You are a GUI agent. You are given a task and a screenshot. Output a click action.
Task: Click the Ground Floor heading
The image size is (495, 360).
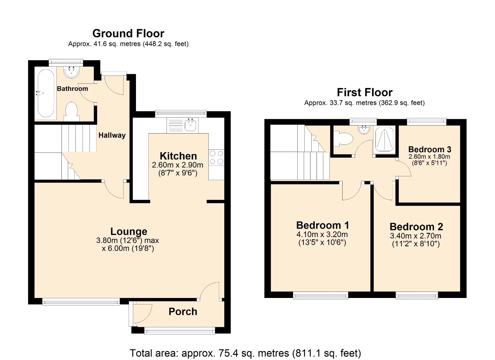[x=128, y=33]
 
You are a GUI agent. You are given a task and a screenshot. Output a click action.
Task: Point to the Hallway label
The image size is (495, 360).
[x=112, y=135]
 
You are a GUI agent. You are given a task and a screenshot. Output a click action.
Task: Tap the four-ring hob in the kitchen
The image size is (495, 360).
[x=216, y=157]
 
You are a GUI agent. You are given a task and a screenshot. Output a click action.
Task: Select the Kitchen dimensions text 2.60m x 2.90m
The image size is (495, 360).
[x=178, y=165]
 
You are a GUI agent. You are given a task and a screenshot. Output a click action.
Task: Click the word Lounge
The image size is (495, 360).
[x=129, y=231]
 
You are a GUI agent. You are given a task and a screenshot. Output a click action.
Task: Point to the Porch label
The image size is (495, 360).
[x=183, y=312]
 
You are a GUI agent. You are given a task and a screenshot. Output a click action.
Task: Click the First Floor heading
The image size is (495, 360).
[x=364, y=92]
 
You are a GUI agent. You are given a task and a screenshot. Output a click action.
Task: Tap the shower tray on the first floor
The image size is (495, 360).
[x=384, y=139]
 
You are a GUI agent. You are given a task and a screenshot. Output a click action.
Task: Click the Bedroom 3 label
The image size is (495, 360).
[x=430, y=149]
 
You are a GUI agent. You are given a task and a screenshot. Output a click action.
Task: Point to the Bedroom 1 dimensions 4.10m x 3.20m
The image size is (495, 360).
[x=322, y=235]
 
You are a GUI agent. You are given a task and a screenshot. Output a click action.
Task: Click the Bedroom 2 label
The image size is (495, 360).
[x=416, y=227]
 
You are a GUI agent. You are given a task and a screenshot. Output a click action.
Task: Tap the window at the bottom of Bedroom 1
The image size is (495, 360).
[x=321, y=295]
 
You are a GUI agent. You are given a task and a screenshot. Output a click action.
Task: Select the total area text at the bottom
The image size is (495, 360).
[x=245, y=353]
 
